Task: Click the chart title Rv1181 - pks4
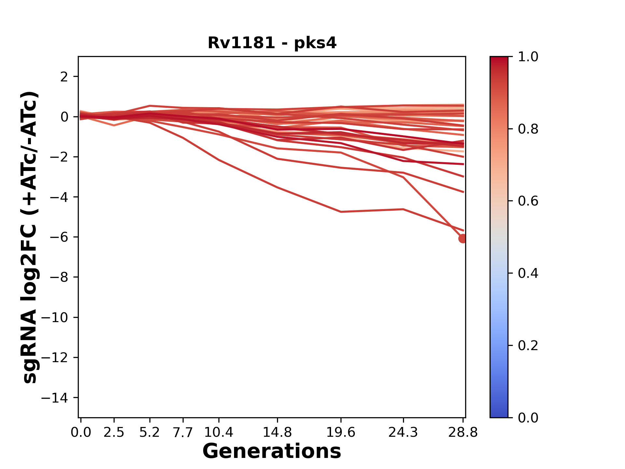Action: coord(272,43)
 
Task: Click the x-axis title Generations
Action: coord(272,451)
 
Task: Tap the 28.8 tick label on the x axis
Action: coord(463,433)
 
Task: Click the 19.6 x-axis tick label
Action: coord(341,433)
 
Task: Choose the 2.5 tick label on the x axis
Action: coord(114,433)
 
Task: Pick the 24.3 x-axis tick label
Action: coord(403,433)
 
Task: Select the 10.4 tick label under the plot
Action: coord(218,433)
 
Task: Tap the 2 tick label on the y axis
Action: coord(64,77)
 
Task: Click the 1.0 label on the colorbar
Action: coord(528,57)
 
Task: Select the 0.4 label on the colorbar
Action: coord(528,273)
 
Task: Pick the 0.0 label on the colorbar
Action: coord(528,418)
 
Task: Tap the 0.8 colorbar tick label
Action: coord(528,129)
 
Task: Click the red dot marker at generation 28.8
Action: coord(463,239)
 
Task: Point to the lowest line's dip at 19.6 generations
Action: coord(341,212)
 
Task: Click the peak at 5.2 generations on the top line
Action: coord(150,106)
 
